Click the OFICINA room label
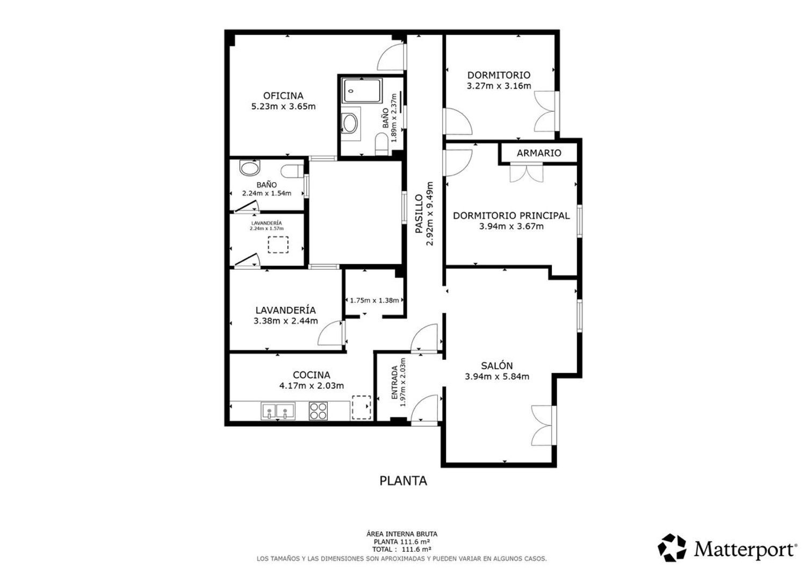(283, 96)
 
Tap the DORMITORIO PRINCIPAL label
(512, 215)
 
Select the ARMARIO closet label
(539, 153)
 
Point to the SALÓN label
(497, 366)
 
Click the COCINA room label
(312, 375)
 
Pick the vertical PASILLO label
(419, 214)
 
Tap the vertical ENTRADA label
(395, 382)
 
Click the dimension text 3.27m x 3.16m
(499, 85)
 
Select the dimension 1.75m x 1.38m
(375, 300)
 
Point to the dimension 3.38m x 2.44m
(286, 321)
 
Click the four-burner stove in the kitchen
(318, 411)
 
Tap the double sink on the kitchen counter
(278, 411)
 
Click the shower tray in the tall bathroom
(362, 91)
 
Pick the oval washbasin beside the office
(350, 124)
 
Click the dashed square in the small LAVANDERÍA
(278, 244)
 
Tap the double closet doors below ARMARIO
(527, 172)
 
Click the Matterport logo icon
(672, 547)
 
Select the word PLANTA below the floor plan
(404, 481)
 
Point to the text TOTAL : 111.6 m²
(401, 550)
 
